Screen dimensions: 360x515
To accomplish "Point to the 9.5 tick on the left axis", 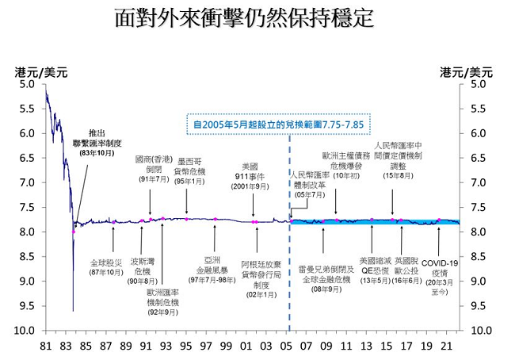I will (x=29, y=305).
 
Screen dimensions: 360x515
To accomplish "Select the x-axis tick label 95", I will (x=185, y=346).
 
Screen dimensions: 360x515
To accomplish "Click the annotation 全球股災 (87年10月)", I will (x=106, y=266).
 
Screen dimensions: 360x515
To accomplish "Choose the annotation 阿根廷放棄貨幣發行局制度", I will (x=261, y=272).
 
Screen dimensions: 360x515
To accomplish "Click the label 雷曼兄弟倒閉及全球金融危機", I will (x=326, y=272).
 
